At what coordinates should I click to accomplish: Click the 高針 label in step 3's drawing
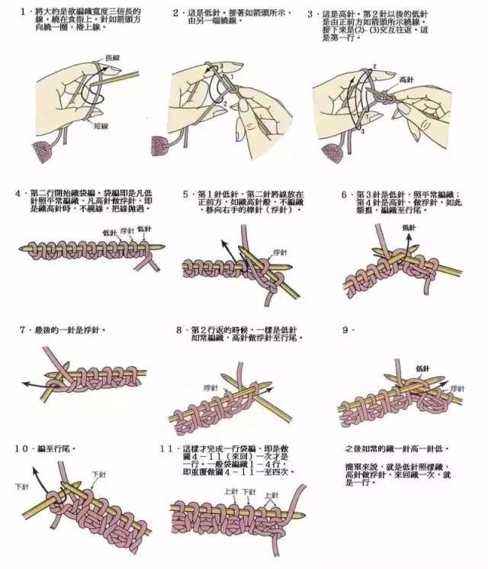point(406,79)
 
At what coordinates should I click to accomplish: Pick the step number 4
point(18,194)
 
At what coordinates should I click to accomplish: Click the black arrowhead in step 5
point(226,241)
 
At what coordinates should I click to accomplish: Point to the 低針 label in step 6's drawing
point(409,228)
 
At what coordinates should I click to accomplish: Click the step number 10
point(24,449)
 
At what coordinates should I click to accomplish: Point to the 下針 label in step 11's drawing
point(248,493)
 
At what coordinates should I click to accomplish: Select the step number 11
point(170,449)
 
